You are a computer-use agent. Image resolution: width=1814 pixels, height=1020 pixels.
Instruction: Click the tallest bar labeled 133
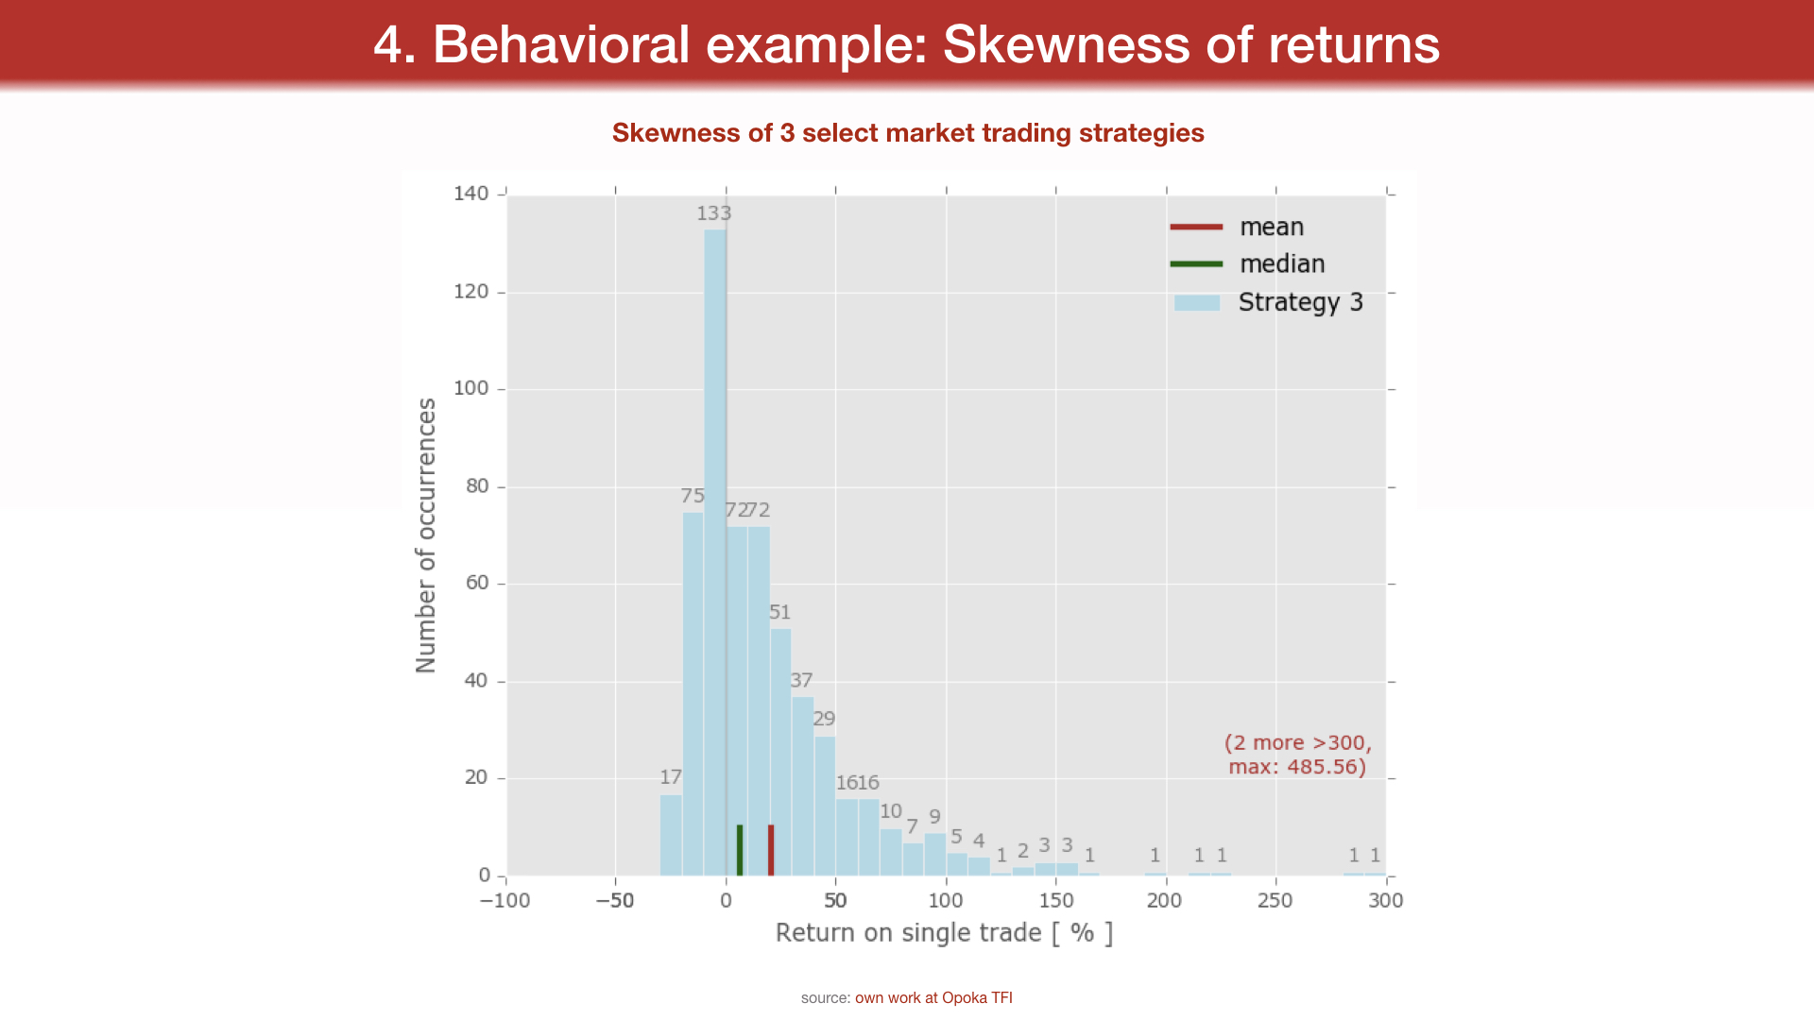[x=715, y=552]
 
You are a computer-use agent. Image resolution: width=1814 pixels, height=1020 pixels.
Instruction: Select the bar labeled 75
[x=693, y=694]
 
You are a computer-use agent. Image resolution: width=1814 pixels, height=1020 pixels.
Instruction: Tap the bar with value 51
[x=780, y=752]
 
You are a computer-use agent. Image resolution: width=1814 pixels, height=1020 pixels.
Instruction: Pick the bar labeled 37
[x=802, y=786]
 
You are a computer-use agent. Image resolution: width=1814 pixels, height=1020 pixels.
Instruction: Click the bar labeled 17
[x=671, y=835]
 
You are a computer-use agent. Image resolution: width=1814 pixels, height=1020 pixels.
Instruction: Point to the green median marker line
[x=740, y=850]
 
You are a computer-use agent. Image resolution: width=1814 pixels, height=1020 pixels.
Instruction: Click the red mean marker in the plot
[x=771, y=850]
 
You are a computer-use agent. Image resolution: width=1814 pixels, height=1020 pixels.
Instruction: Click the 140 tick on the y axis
[x=471, y=194]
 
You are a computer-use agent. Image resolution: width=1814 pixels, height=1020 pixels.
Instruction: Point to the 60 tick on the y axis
[x=477, y=583]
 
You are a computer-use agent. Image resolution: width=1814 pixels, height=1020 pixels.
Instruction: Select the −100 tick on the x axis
[x=505, y=901]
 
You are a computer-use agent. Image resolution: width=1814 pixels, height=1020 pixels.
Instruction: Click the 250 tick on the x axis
[x=1275, y=901]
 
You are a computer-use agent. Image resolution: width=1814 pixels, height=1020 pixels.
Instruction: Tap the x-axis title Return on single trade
[x=944, y=933]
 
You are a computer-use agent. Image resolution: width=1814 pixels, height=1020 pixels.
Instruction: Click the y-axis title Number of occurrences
[x=426, y=535]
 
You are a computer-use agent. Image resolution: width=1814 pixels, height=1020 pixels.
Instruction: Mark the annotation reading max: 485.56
[x=1297, y=767]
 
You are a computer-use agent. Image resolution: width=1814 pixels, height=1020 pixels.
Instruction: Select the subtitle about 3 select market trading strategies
[x=908, y=133]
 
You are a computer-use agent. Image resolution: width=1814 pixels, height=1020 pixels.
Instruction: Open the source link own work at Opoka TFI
[x=933, y=998]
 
